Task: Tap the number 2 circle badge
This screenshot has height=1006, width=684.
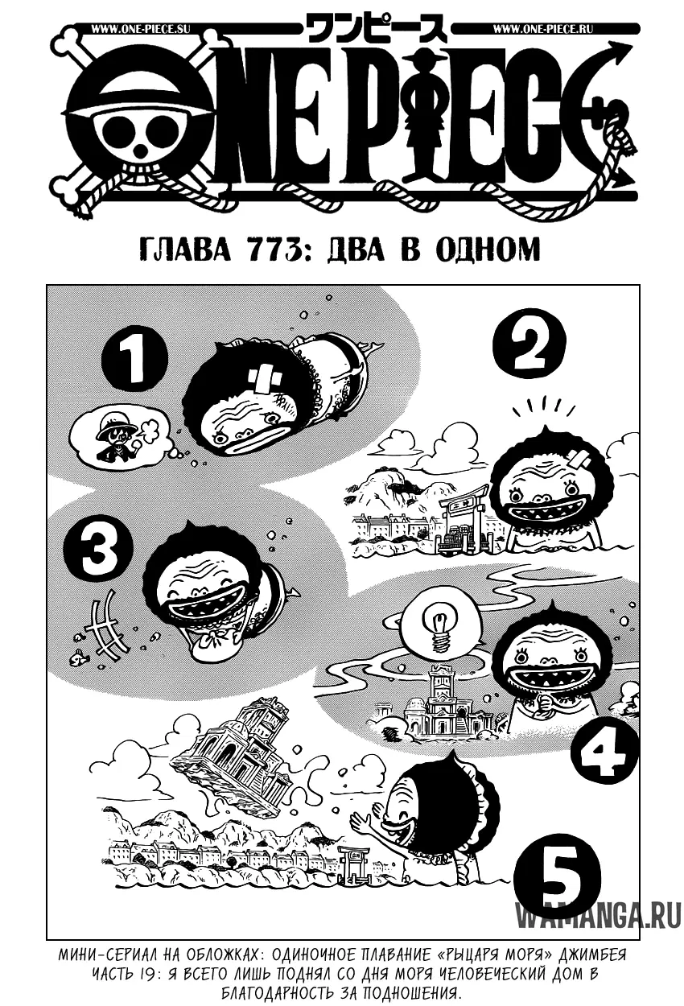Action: pos(529,343)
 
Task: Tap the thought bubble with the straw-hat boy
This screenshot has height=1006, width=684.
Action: pos(122,435)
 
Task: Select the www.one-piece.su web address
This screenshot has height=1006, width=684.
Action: pos(141,29)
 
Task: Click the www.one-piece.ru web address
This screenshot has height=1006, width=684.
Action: pos(542,29)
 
